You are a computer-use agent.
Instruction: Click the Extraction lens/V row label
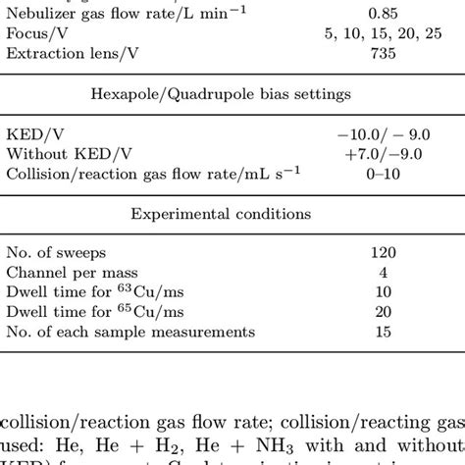68,53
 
